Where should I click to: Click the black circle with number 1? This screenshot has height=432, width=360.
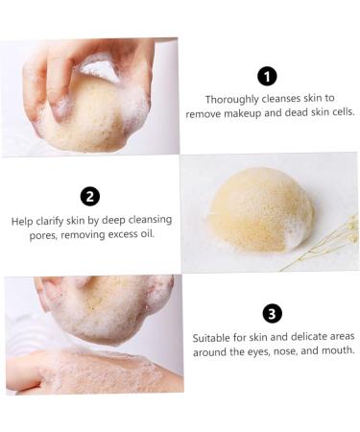[267, 77]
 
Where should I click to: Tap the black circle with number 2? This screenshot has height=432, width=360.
[90, 197]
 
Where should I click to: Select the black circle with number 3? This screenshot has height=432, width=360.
[272, 314]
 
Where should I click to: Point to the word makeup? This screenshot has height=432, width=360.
[255, 112]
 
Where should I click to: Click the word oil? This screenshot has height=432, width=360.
[145, 234]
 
